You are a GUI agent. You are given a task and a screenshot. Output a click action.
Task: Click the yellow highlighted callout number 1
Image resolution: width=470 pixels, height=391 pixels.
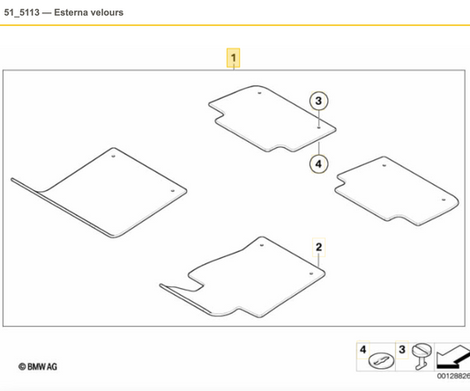[x=233, y=58]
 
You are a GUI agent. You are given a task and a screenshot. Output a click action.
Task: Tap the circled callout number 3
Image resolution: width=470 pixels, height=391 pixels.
[x=318, y=101]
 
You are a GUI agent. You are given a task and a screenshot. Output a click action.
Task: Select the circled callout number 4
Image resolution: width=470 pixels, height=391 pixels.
[x=318, y=164]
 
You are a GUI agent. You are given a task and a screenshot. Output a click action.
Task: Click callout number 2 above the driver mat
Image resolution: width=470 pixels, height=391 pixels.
[x=319, y=247]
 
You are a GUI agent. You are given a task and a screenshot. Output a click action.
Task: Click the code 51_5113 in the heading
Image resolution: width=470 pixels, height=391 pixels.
[x=21, y=12]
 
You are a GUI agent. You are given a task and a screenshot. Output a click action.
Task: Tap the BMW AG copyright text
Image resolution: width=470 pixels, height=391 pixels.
[x=38, y=366]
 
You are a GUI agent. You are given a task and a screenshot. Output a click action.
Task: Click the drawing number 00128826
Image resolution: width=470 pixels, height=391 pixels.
[x=453, y=376]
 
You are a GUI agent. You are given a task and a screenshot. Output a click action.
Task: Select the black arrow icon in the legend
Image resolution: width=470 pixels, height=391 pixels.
[x=453, y=357]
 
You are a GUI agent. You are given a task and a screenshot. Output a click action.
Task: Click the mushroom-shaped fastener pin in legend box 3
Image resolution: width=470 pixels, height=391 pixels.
[x=422, y=357]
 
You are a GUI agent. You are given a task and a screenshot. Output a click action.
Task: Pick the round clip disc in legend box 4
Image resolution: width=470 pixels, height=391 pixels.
[x=381, y=360]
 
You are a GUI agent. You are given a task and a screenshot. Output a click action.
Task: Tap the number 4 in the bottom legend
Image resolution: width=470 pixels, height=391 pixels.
[x=363, y=350]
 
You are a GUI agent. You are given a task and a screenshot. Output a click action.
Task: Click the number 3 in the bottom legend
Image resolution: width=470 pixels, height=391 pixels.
[x=402, y=350]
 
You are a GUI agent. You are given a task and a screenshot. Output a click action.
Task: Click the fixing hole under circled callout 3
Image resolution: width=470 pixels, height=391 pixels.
[x=319, y=128]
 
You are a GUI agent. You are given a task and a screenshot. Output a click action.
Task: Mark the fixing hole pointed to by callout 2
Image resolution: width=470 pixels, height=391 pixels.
[x=311, y=274]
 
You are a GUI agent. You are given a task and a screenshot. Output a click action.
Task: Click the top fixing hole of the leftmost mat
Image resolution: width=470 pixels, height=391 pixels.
[x=113, y=156]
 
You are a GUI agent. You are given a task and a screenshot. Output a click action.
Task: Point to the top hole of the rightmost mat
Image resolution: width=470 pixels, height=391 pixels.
[x=384, y=166]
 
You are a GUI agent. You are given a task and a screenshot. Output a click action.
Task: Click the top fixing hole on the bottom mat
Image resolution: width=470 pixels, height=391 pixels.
[x=262, y=245]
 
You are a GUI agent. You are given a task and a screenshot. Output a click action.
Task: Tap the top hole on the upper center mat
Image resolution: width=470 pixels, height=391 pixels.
[x=259, y=93]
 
